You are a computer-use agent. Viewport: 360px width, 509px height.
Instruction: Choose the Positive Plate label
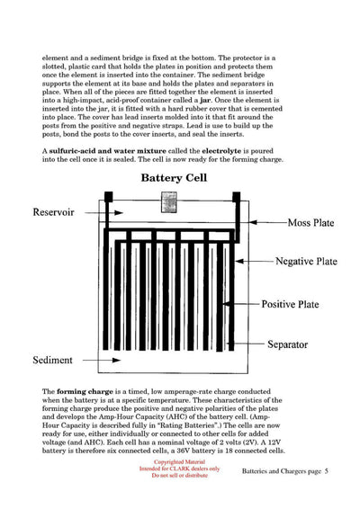pyautogui.click(x=298, y=304)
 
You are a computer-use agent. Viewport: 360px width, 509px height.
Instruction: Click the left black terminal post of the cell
pyautogui.click(x=107, y=197)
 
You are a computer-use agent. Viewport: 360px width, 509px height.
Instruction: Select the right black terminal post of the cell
pyautogui.click(x=237, y=197)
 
